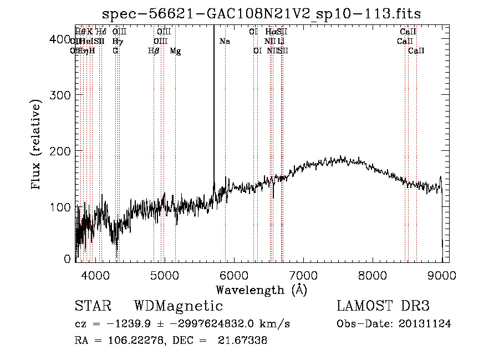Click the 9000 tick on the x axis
[442, 276]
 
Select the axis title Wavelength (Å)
[261, 290]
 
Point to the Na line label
[225, 42]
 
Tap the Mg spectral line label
[175, 51]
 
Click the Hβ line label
[154, 51]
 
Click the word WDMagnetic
[178, 306]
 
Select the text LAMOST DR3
[383, 306]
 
